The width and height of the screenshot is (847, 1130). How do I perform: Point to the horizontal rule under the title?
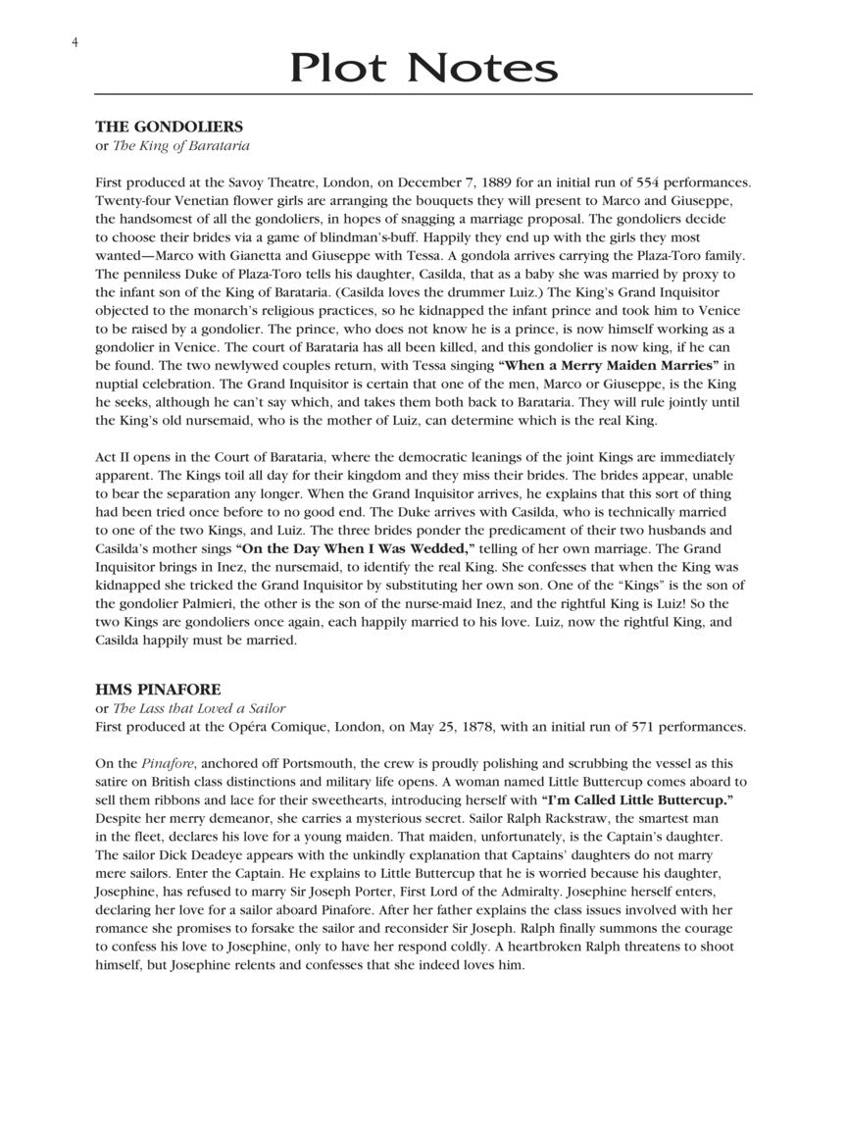click(x=423, y=94)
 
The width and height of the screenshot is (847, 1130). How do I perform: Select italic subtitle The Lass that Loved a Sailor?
click(x=199, y=708)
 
